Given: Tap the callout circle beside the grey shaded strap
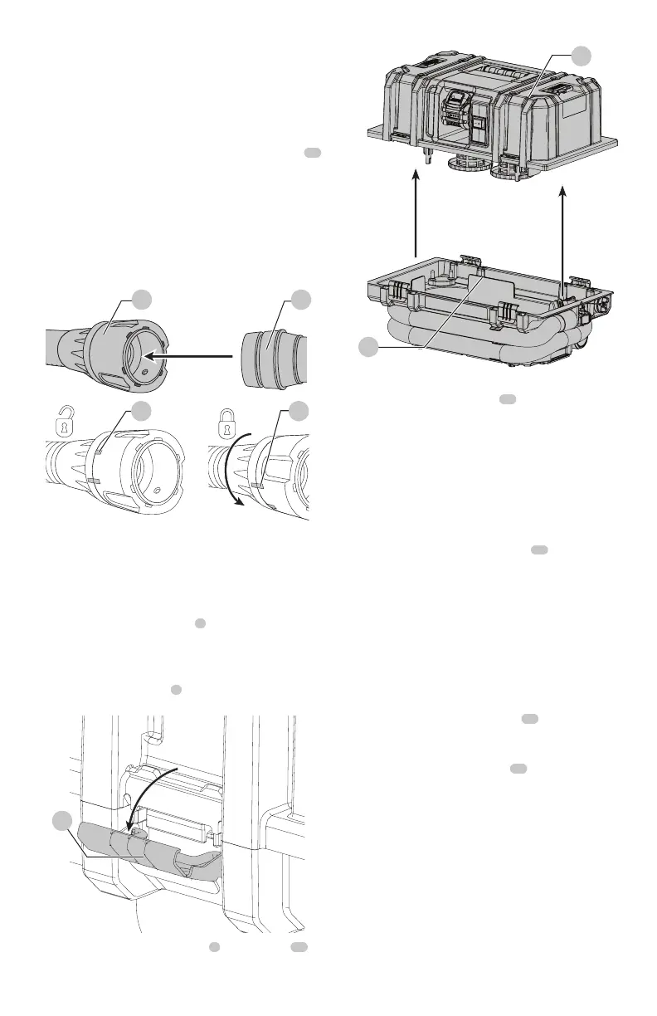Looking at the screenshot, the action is [x=61, y=821].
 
